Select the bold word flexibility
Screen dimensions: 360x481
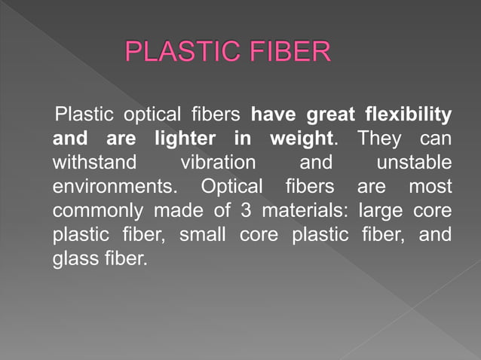[x=408, y=116]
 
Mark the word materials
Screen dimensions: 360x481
[x=305, y=209]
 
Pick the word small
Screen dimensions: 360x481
[x=203, y=233]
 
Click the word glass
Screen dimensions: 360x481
[x=74, y=257]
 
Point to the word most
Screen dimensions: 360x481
[x=430, y=186]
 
